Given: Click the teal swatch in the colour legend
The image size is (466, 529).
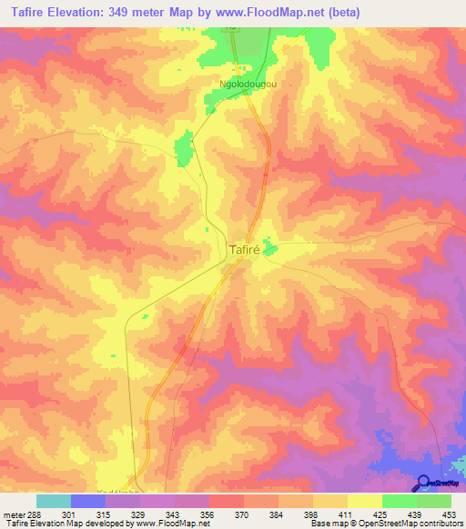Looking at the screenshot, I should point(54,501).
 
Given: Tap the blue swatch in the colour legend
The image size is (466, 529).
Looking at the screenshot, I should point(88,501).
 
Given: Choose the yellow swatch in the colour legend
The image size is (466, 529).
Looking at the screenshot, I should point(365,501).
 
